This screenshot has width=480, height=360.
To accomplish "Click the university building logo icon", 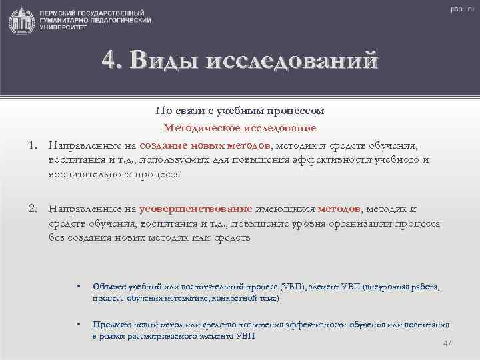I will (21, 21).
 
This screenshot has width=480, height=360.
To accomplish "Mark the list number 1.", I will (31, 145).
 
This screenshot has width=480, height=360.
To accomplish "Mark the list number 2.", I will (31, 209).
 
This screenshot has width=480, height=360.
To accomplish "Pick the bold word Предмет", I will (111, 325).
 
